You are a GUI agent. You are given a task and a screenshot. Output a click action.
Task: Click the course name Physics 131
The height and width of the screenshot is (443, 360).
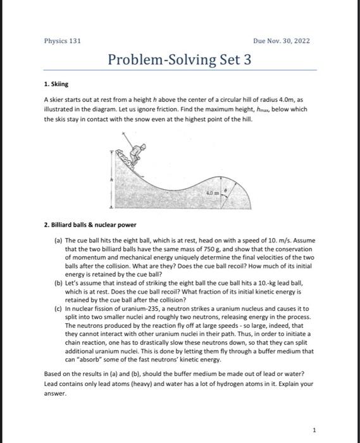tap(62, 41)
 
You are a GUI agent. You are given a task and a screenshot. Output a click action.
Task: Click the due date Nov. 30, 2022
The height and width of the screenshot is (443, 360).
tap(282, 41)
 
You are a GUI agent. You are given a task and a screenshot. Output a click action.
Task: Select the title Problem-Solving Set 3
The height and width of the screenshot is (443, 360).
tap(180, 60)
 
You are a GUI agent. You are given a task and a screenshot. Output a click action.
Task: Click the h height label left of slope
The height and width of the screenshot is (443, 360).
tap(111, 179)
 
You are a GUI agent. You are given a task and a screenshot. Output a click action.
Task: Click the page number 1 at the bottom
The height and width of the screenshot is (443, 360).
tap(314, 430)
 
